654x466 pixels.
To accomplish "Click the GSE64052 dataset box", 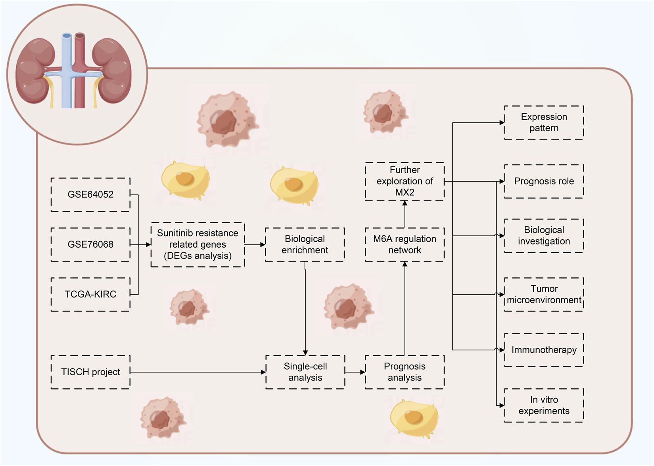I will click(x=90, y=195).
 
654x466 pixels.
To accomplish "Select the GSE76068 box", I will click(x=90, y=244).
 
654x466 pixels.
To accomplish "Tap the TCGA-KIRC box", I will click(x=90, y=294).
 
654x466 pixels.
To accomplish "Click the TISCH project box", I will click(x=90, y=372).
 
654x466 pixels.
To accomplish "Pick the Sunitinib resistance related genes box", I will click(x=198, y=244).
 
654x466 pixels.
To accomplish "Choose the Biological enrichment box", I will click(x=305, y=244).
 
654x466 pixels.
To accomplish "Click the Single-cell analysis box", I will click(x=305, y=372).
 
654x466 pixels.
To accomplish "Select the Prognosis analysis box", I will click(x=405, y=372).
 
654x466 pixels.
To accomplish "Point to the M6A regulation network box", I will click(x=405, y=244).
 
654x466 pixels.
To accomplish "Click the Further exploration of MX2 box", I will click(x=405, y=181).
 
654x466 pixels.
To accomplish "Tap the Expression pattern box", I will click(x=544, y=122).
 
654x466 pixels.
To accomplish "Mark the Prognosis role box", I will click(x=544, y=181).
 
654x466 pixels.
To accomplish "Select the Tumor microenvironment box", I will click(x=544, y=294).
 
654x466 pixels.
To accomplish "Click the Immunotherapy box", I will click(x=544, y=350).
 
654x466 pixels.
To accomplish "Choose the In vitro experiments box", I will click(x=544, y=405).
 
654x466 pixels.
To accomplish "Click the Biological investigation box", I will click(x=544, y=236).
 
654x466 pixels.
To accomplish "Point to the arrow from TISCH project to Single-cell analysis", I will click(x=198, y=372).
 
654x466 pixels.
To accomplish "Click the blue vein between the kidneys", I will click(x=67, y=71).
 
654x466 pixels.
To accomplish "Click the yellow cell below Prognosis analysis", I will click(x=414, y=418).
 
